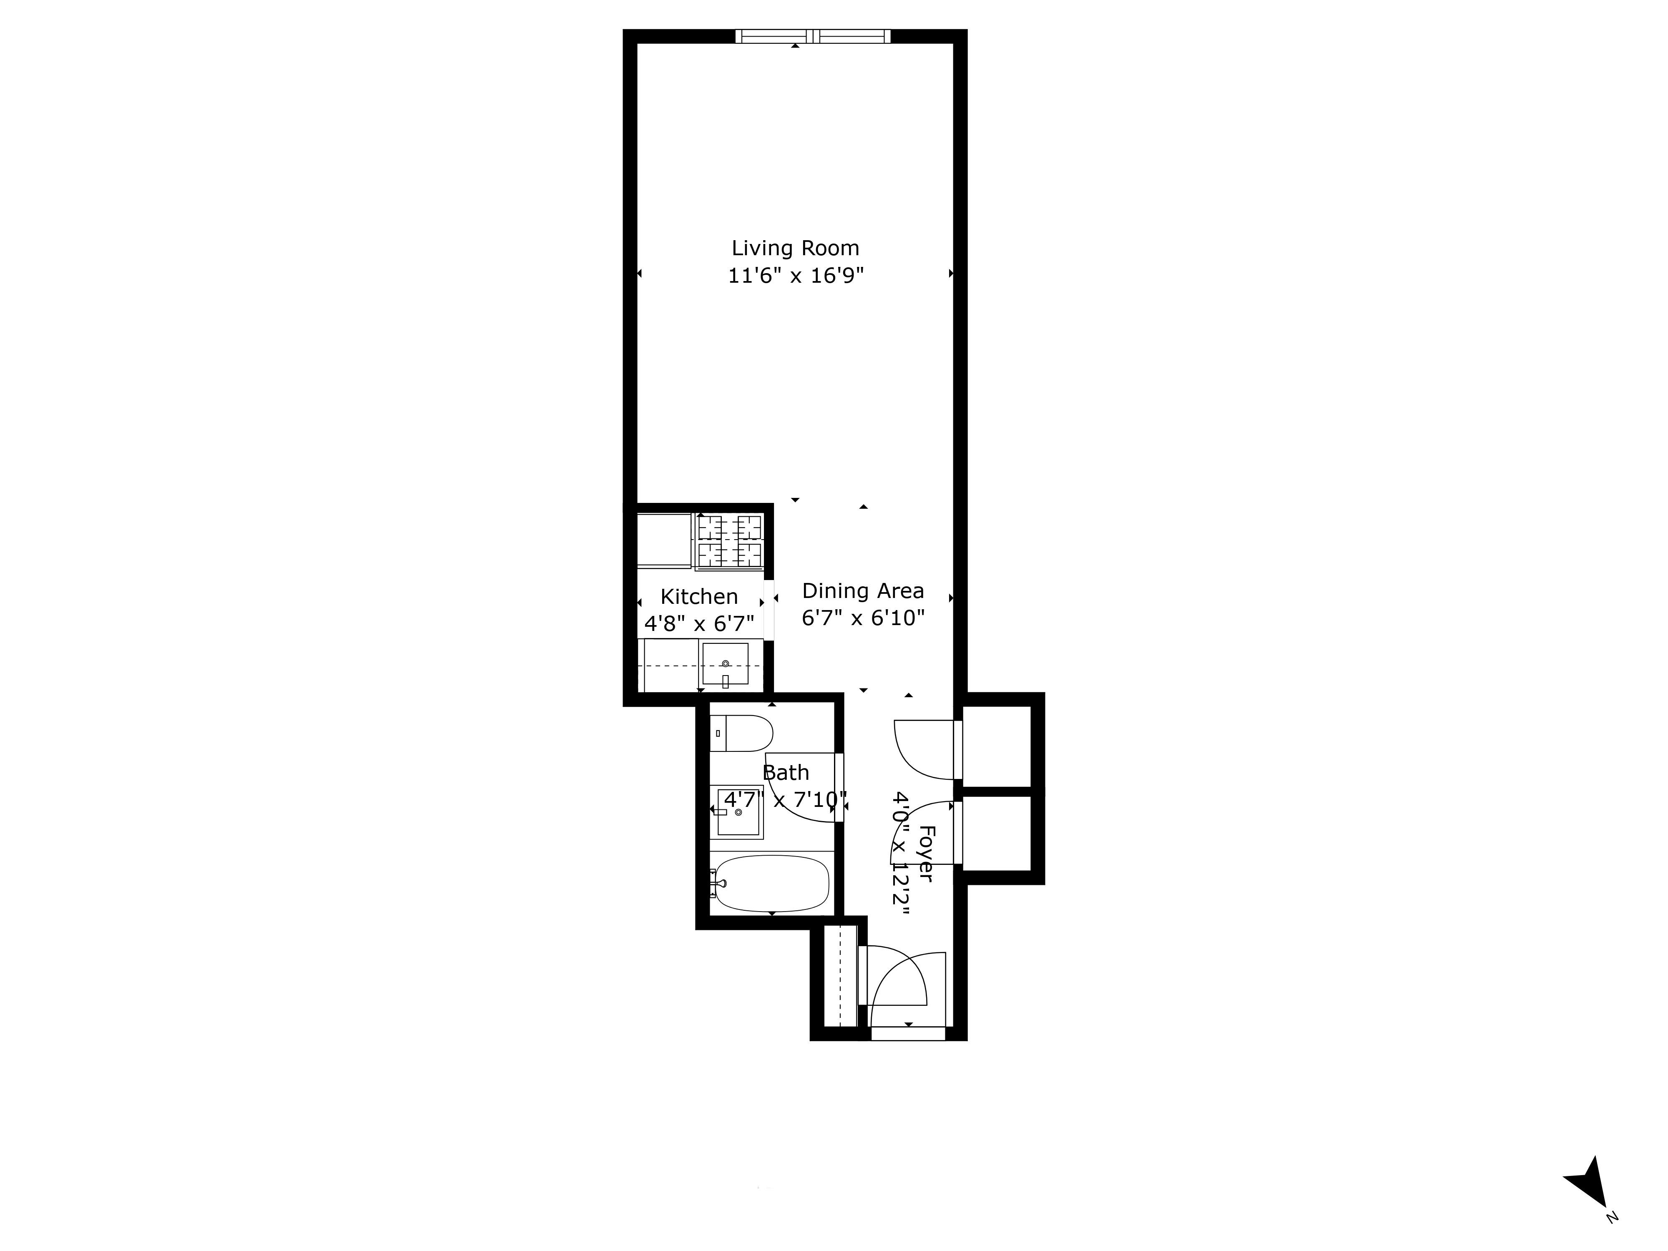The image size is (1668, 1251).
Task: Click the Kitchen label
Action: click(699, 596)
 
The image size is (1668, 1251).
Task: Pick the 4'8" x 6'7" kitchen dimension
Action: click(699, 623)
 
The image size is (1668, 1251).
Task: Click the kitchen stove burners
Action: click(729, 541)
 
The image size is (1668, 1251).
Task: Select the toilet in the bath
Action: click(743, 733)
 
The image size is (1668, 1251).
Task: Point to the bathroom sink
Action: click(738, 812)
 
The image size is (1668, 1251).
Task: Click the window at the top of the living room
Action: click(812, 36)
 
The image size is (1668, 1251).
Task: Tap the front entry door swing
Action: click(901, 984)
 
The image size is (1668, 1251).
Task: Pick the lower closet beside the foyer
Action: click(997, 833)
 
